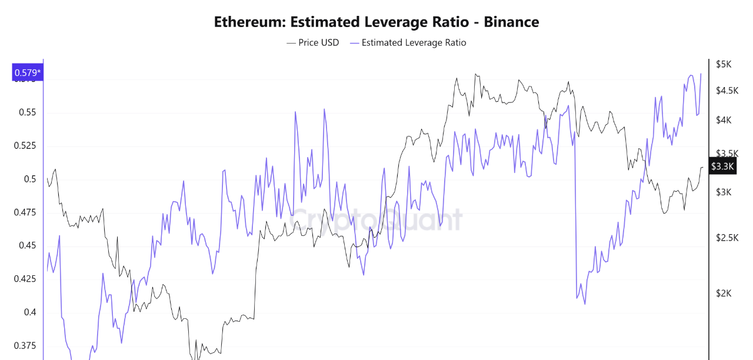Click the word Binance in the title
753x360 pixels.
click(511, 22)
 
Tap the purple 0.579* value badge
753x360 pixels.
click(27, 73)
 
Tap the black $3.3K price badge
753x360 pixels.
click(722, 166)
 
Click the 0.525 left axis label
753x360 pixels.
click(25, 145)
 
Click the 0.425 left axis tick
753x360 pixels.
click(25, 279)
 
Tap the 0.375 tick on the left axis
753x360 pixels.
click(25, 345)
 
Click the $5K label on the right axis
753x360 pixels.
click(723, 64)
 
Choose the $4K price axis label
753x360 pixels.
click(723, 120)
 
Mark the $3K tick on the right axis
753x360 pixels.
click(723, 192)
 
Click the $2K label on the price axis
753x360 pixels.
click(723, 293)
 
